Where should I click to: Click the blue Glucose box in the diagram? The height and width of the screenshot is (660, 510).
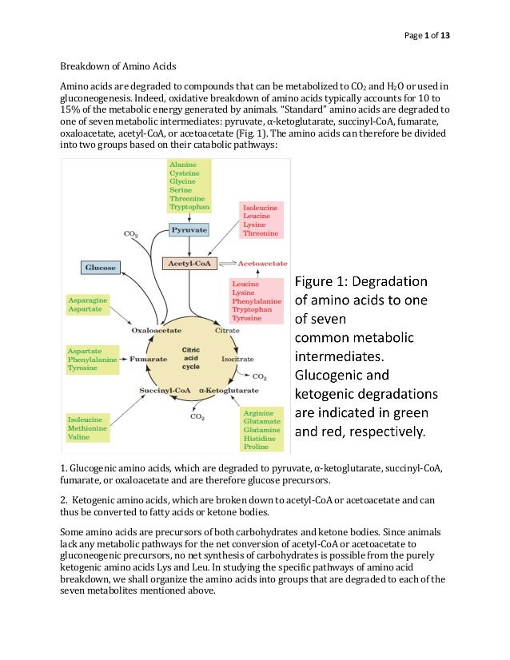click(x=101, y=267)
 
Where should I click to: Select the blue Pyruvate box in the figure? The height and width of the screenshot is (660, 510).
click(x=189, y=229)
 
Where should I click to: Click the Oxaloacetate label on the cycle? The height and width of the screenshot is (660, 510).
click(x=156, y=329)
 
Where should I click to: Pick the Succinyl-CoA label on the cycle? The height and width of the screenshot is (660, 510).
click(x=164, y=390)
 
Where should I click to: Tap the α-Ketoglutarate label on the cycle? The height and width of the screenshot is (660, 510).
click(x=229, y=390)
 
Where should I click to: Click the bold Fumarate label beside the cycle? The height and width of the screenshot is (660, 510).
click(x=149, y=360)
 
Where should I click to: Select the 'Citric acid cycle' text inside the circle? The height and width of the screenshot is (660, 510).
click(x=191, y=358)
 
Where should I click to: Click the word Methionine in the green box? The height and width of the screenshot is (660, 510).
click(x=87, y=428)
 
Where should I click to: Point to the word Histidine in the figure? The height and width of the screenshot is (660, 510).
click(x=261, y=439)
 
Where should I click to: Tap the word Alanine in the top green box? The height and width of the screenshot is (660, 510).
click(x=183, y=164)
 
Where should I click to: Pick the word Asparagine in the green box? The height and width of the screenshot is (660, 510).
click(x=88, y=300)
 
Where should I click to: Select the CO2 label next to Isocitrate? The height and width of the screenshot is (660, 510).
click(x=260, y=376)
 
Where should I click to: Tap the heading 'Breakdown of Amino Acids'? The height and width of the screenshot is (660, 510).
click(x=120, y=65)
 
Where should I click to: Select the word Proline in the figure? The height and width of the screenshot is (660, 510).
click(x=257, y=448)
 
